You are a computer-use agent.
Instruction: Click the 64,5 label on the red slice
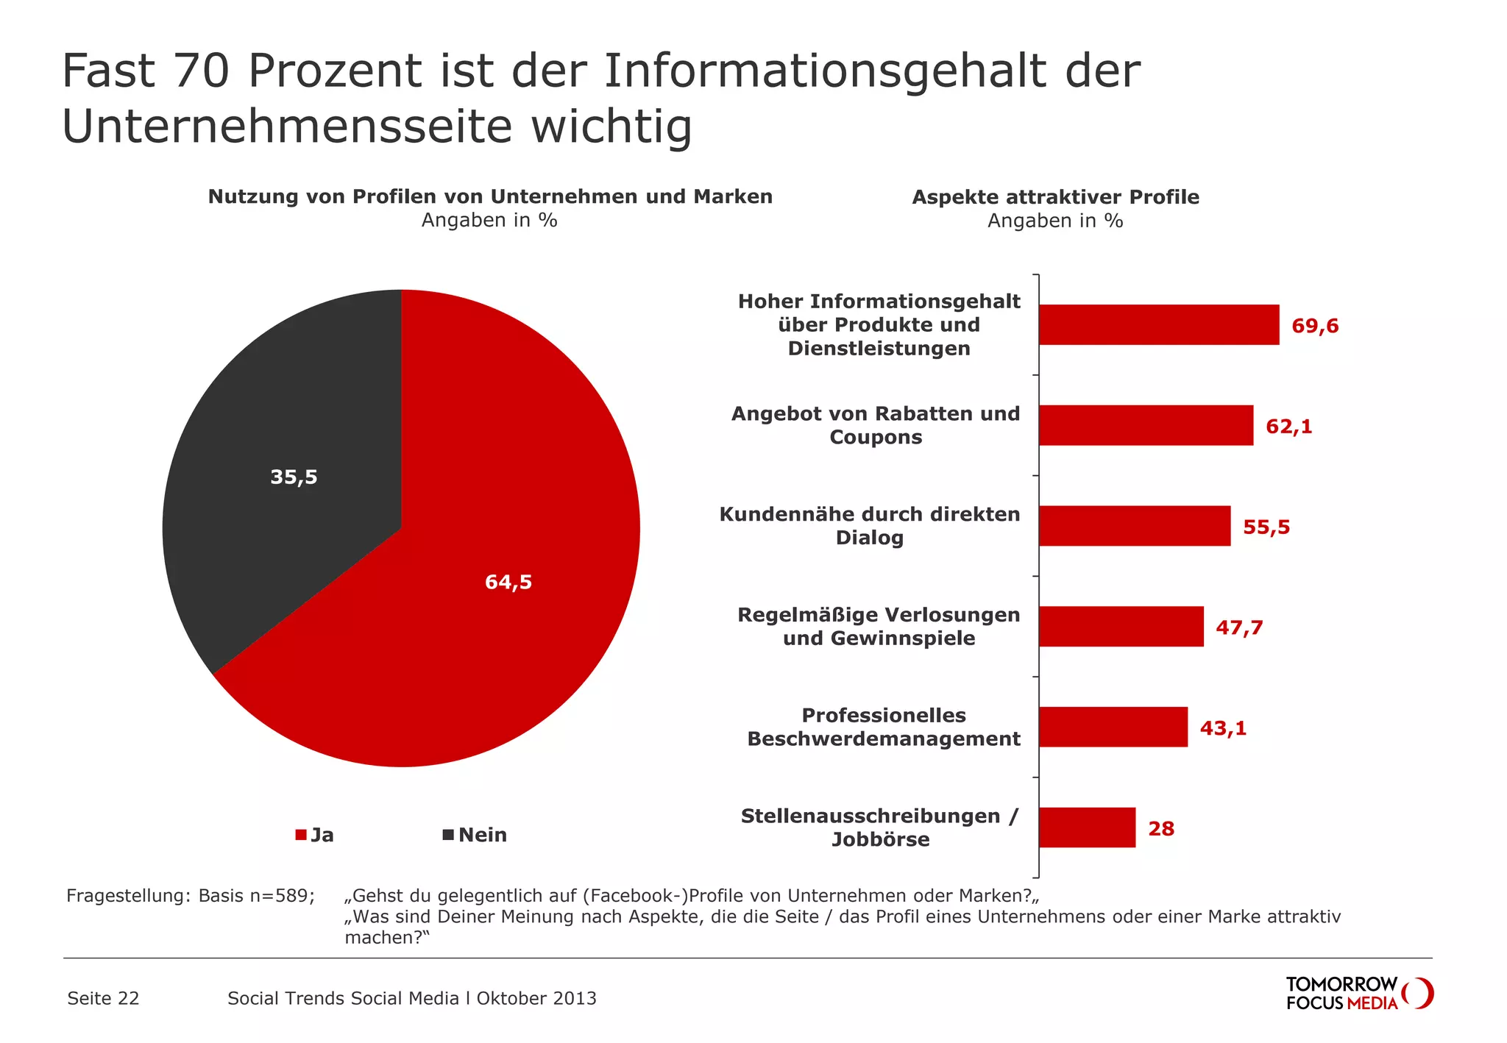[508, 583]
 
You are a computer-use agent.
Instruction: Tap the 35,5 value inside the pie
[294, 477]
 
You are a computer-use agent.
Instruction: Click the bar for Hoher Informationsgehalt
[1158, 325]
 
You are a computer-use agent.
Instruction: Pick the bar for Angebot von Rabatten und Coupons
[1145, 425]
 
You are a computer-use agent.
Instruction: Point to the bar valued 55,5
[1134, 526]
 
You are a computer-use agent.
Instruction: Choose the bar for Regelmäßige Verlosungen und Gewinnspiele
[1121, 627]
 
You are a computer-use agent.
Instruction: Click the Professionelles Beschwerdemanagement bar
[1113, 727]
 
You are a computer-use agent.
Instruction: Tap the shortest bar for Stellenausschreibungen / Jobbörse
[1087, 827]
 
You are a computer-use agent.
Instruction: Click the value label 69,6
[1315, 326]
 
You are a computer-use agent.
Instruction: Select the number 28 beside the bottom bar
[1161, 829]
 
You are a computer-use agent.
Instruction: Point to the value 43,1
[1223, 728]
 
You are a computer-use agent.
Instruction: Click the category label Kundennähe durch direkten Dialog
[869, 526]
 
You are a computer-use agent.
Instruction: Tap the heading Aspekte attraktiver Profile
[1055, 197]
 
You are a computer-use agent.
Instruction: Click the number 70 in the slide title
[202, 71]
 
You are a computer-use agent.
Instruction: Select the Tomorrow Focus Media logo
[1358, 993]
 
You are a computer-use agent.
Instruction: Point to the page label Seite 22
[103, 998]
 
